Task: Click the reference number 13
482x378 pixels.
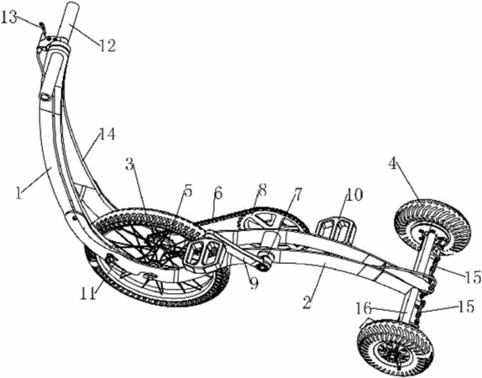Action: pyautogui.click(x=9, y=18)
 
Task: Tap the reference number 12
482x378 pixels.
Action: pyautogui.click(x=107, y=45)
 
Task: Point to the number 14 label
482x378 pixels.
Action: pyautogui.click(x=107, y=134)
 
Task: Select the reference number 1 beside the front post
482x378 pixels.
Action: pyautogui.click(x=19, y=193)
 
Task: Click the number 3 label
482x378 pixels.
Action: pyautogui.click(x=130, y=165)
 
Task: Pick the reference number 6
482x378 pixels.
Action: pyautogui.click(x=217, y=194)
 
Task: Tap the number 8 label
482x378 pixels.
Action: pyautogui.click(x=297, y=194)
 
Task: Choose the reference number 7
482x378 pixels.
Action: pyautogui.click(x=262, y=190)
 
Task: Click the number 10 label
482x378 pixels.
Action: pyautogui.click(x=254, y=283)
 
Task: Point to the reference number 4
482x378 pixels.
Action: pyautogui.click(x=354, y=194)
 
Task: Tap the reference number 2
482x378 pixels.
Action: pyautogui.click(x=306, y=302)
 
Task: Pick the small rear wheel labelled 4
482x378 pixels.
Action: pyautogui.click(x=432, y=225)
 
